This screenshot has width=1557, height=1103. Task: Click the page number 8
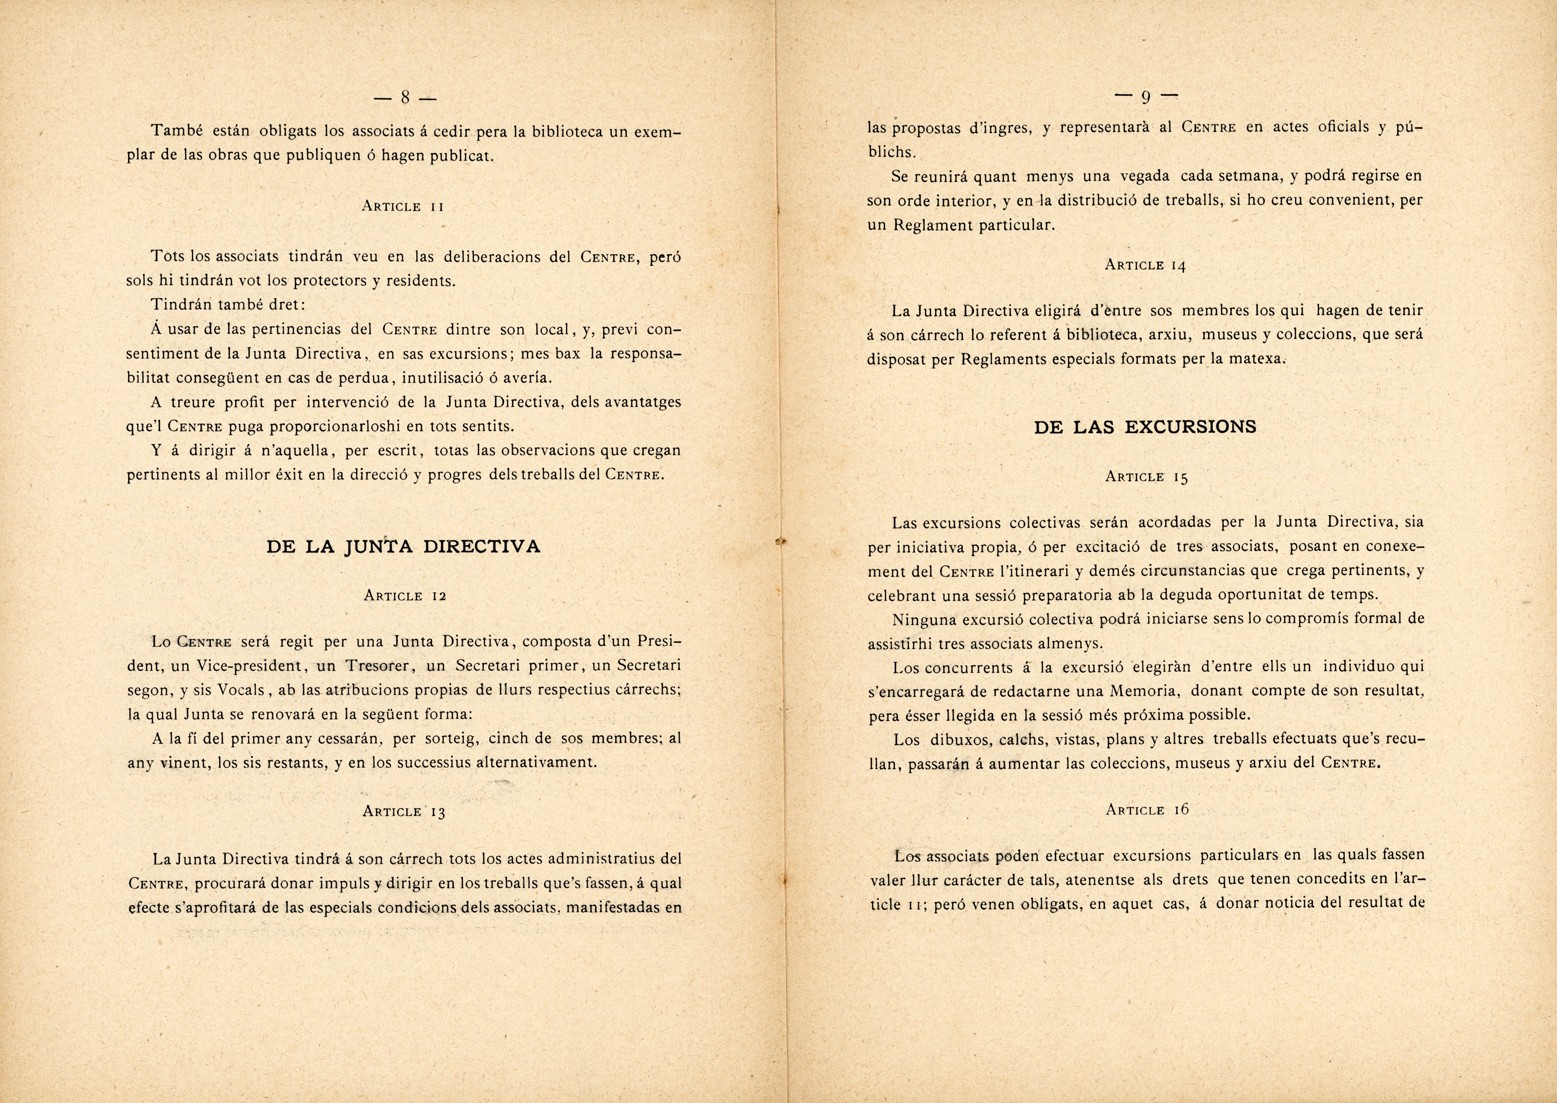[404, 98]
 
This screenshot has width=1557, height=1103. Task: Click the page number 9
[1145, 97]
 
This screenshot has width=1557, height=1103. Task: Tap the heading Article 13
[404, 812]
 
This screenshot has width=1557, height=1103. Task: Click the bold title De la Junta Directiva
[404, 547]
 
